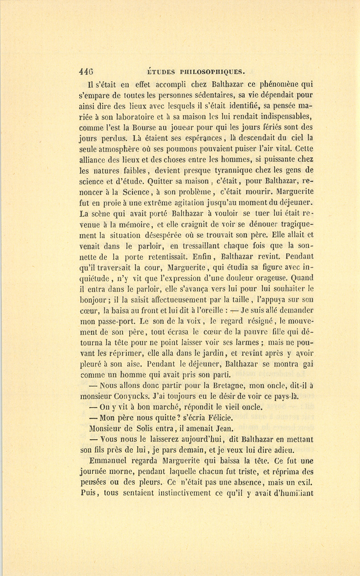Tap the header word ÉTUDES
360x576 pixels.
(x=161, y=72)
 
